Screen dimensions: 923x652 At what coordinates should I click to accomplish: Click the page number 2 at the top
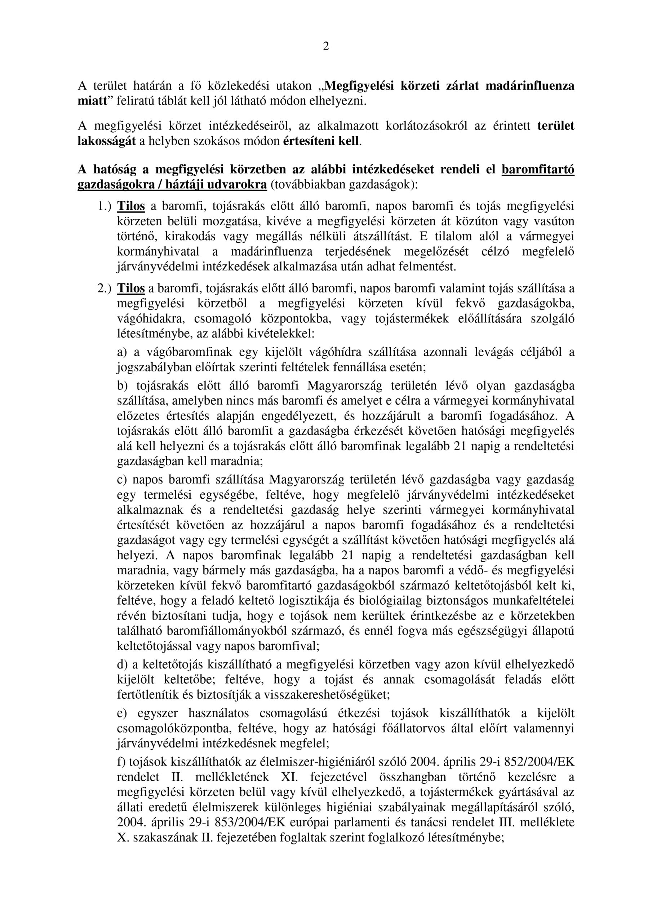[x=325, y=47]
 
